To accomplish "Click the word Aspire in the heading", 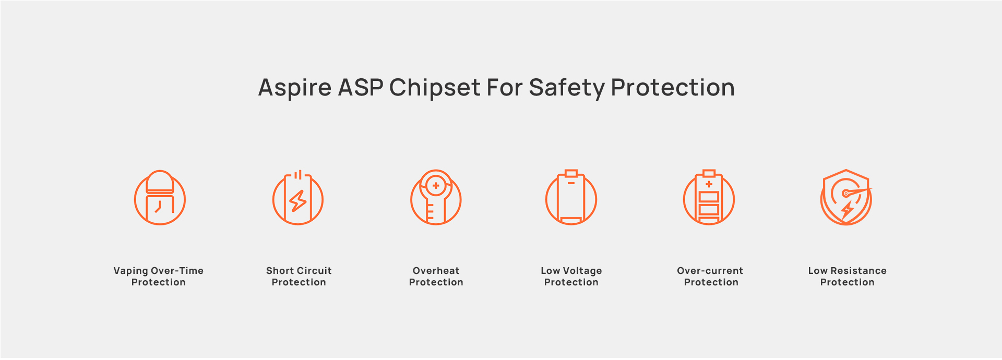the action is click(x=295, y=88).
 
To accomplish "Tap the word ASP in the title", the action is click(x=361, y=87).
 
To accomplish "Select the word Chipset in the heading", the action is click(x=435, y=88).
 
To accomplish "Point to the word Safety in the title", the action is click(x=567, y=88).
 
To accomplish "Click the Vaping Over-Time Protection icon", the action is click(x=160, y=197).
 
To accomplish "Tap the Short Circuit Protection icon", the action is click(x=298, y=198).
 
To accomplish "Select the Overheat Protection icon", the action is click(x=436, y=197).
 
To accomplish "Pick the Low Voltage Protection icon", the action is click(x=571, y=197).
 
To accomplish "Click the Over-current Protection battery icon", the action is click(x=709, y=197).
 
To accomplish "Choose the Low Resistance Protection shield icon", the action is click(x=846, y=197).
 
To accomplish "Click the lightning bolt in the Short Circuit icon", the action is click(x=298, y=201).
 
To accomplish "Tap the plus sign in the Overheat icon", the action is click(x=436, y=185).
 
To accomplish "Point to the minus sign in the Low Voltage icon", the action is click(x=571, y=183).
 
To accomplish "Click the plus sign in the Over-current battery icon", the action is click(x=709, y=184).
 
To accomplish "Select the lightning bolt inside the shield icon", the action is click(x=847, y=210).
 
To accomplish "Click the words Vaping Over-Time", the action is click(x=159, y=271).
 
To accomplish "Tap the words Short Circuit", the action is click(x=299, y=271).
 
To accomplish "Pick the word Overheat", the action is click(x=436, y=271).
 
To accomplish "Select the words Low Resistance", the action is click(x=848, y=271).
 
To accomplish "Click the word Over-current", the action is click(x=710, y=271).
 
